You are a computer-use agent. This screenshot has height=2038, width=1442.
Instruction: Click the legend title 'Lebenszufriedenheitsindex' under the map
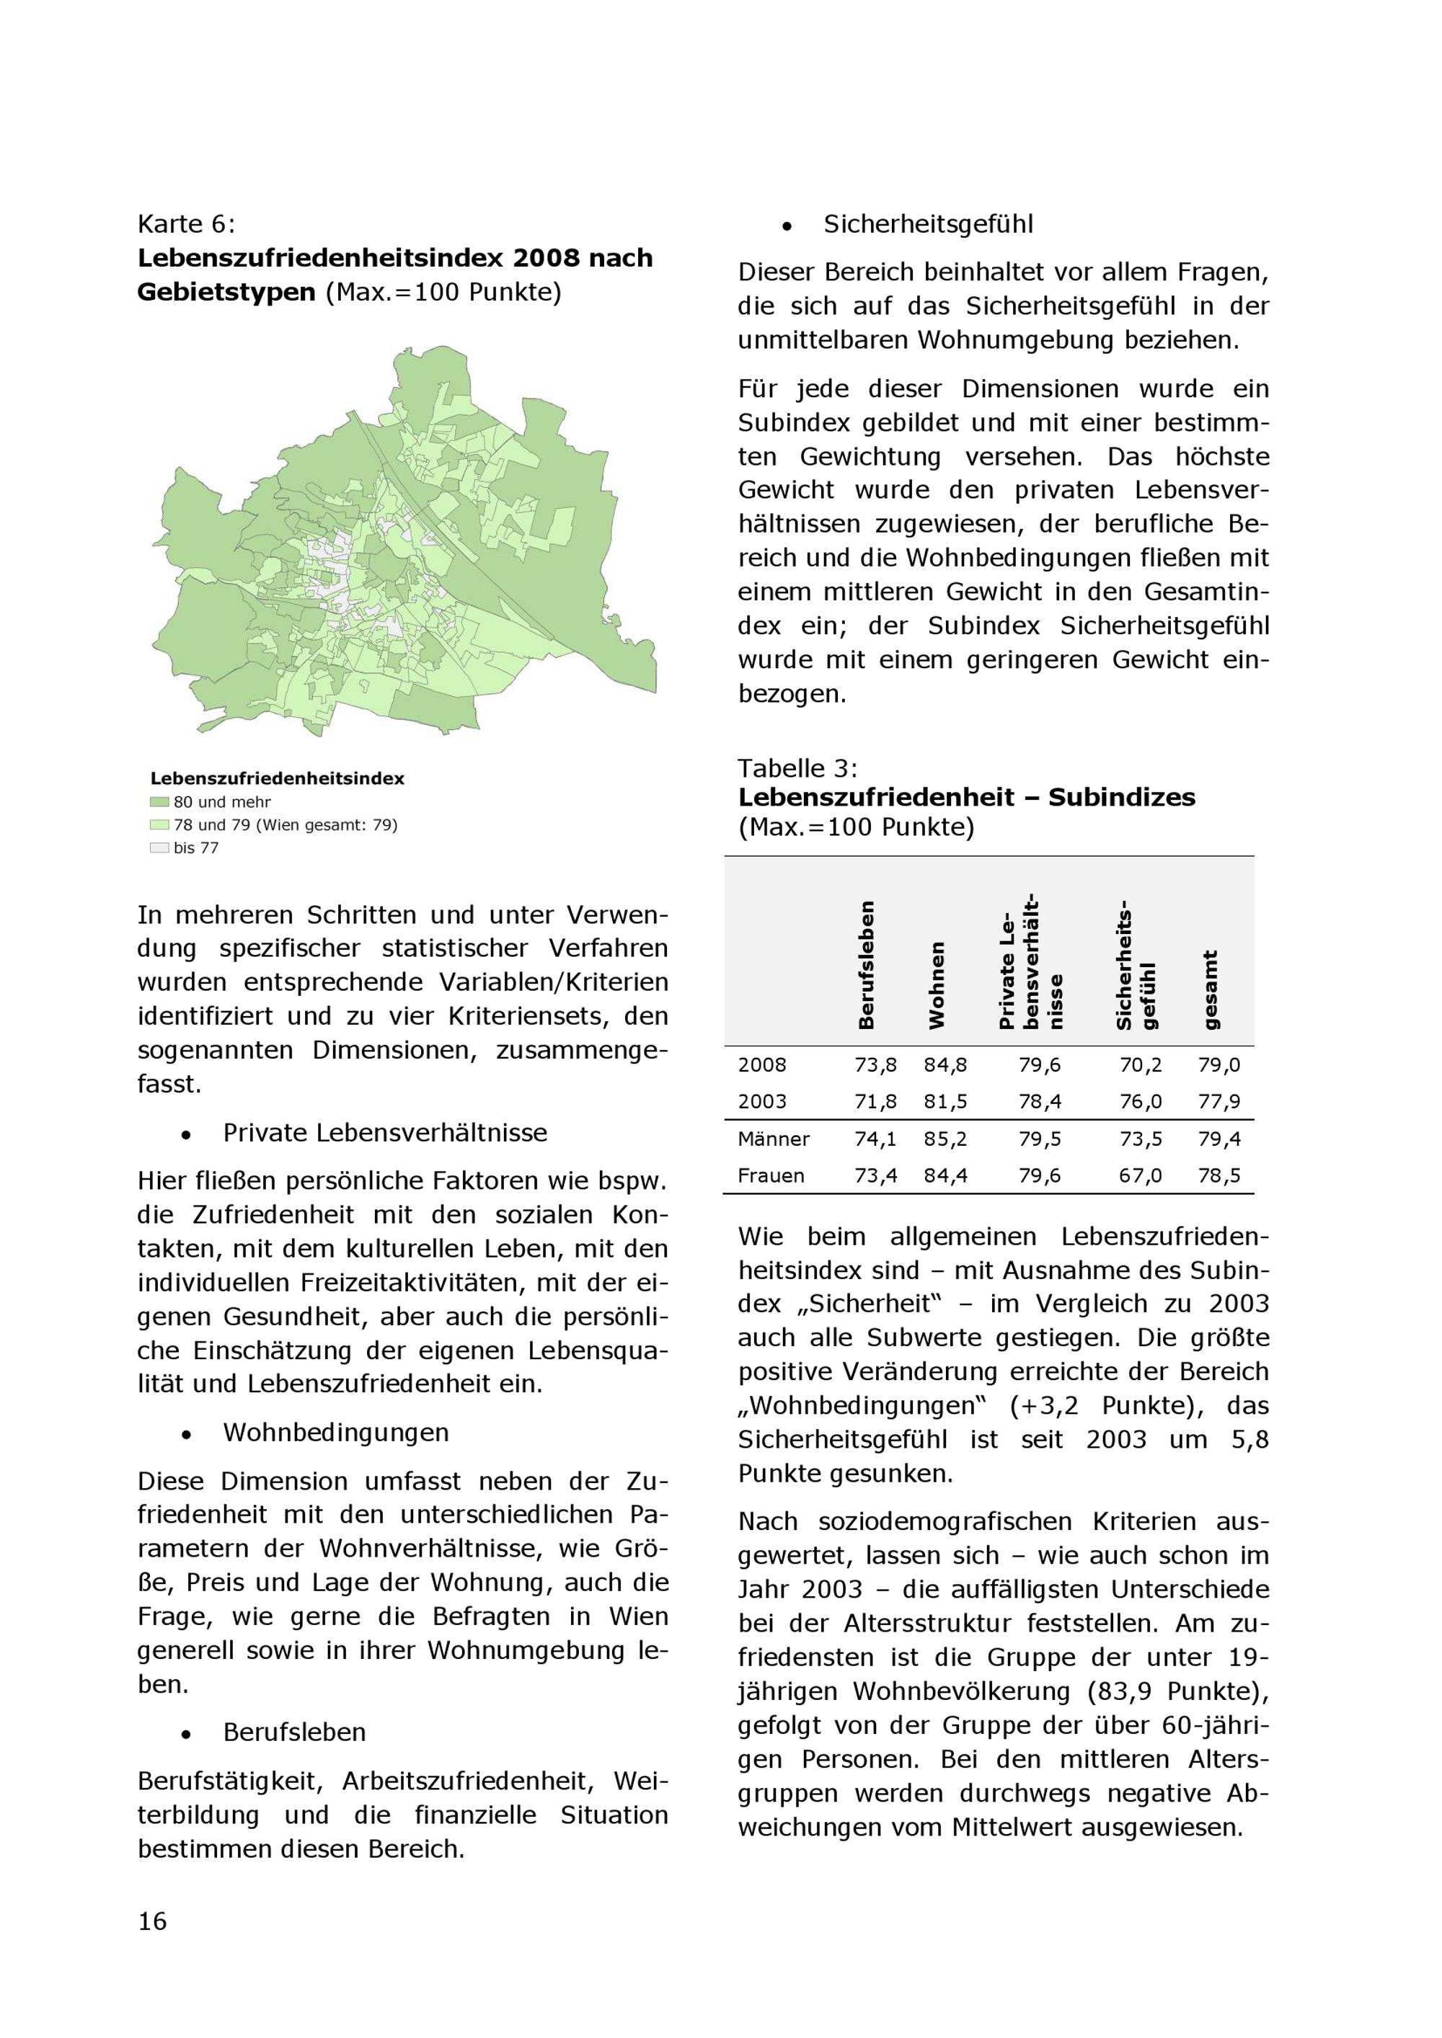[277, 778]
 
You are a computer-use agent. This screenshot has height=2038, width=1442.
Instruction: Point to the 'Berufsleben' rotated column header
[867, 965]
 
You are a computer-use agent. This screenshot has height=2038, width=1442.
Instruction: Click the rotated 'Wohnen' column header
[937, 985]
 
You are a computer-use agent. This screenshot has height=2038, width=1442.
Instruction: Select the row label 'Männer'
[774, 1139]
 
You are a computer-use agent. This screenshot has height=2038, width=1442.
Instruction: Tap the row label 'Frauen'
[771, 1176]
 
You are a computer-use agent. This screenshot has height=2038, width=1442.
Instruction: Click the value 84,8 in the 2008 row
[946, 1065]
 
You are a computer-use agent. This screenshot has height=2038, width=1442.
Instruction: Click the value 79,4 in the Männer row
[1219, 1139]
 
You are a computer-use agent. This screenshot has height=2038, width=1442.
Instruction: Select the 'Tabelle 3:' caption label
[797, 767]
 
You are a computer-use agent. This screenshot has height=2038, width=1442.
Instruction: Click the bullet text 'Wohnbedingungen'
[336, 1433]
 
